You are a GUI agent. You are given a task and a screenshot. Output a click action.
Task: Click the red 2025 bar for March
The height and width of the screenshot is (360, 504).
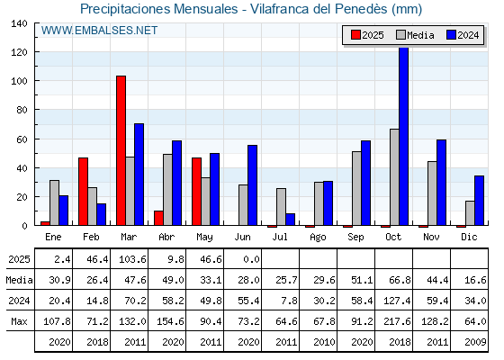(x=121, y=150)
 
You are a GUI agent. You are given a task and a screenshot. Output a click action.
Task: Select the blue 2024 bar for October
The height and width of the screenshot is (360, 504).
(x=404, y=136)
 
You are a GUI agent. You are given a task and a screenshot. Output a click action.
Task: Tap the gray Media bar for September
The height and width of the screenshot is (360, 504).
(x=356, y=188)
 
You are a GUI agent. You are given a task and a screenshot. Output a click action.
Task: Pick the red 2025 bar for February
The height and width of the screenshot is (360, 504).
(x=83, y=192)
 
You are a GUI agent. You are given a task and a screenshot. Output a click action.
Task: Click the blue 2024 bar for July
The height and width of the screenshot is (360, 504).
(x=290, y=220)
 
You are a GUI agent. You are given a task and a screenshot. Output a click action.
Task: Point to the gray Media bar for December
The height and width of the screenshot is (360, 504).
(x=470, y=213)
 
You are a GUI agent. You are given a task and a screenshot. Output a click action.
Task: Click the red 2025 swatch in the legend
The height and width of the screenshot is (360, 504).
(x=355, y=35)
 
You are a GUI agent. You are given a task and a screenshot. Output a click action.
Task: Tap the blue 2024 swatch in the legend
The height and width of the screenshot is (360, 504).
(x=451, y=35)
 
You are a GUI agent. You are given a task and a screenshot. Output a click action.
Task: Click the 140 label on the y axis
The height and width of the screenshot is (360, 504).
(x=19, y=23)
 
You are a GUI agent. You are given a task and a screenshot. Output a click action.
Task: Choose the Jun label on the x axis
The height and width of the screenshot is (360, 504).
(x=242, y=237)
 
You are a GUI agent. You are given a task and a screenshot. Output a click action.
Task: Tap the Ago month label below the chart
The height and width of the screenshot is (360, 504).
(x=319, y=238)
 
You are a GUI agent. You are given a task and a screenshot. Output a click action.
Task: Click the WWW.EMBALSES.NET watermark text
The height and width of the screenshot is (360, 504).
(x=99, y=31)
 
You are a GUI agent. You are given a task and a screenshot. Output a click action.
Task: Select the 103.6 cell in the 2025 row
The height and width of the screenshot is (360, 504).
(x=132, y=259)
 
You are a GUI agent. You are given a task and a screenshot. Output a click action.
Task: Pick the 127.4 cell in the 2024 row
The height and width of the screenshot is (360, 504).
(x=397, y=301)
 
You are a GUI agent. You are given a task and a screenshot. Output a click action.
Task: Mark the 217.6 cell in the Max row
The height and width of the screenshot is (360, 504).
(x=397, y=321)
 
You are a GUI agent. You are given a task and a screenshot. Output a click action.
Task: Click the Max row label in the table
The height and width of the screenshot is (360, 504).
(x=19, y=321)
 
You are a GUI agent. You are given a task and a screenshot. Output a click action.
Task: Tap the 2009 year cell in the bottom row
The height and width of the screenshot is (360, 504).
(x=476, y=342)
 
